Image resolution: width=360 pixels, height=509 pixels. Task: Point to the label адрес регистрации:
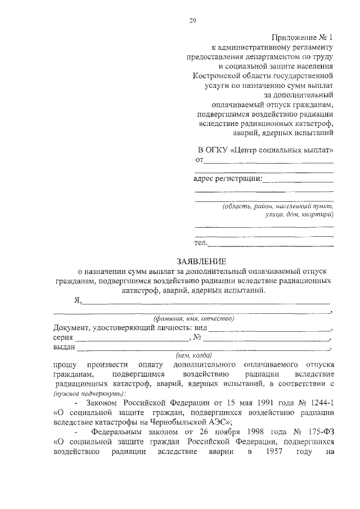click(227, 179)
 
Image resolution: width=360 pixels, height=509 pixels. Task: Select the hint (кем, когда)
click(193, 355)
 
